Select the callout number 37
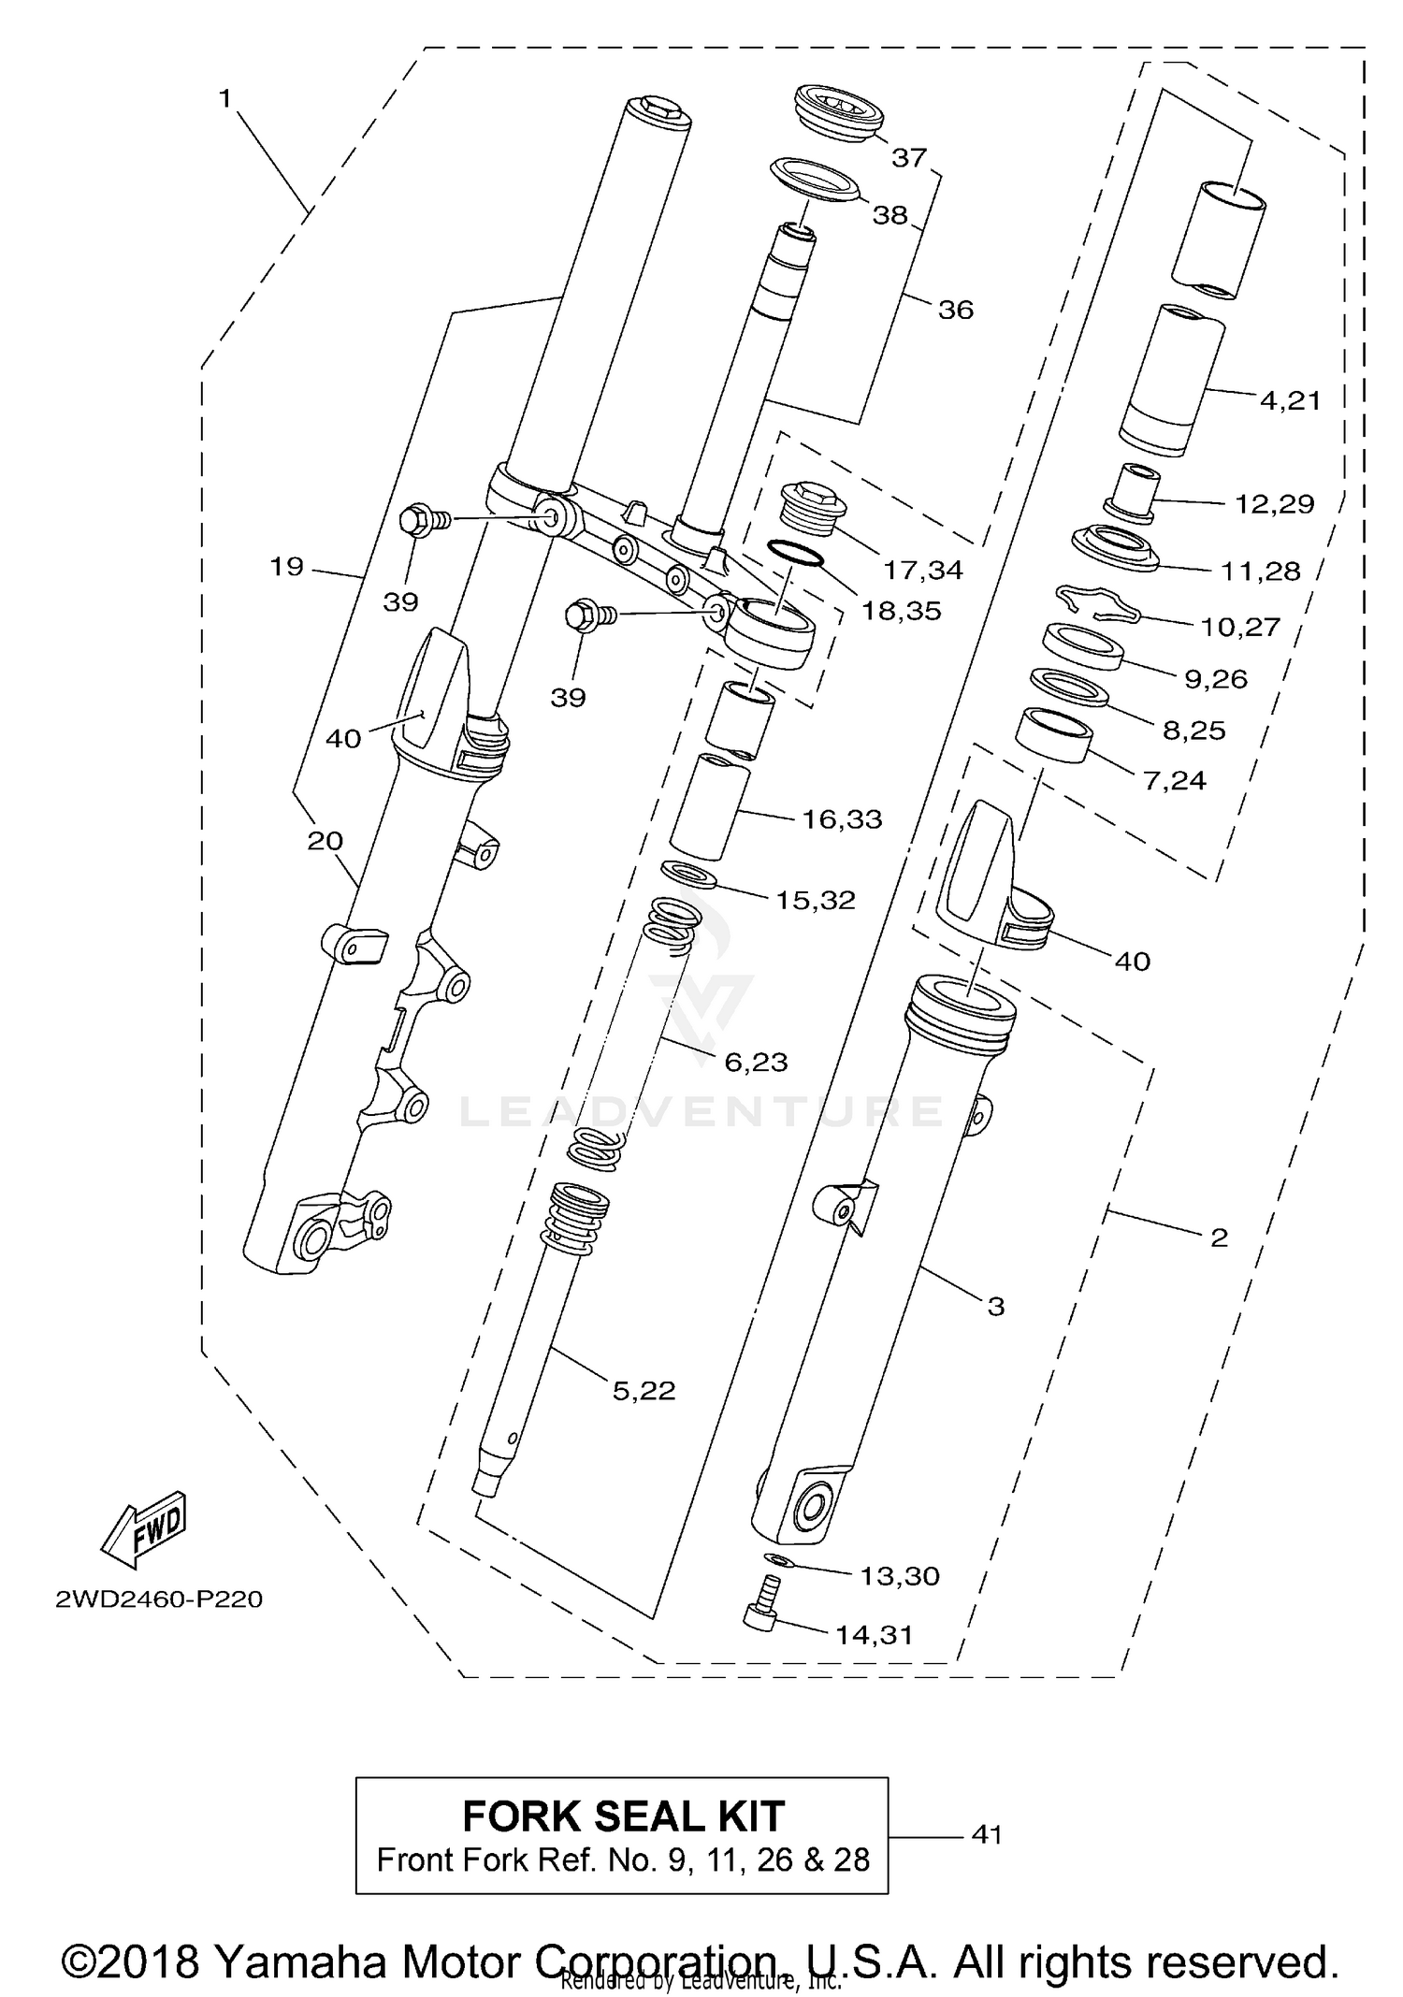pyautogui.click(x=908, y=158)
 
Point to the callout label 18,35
pyautogui.click(x=902, y=611)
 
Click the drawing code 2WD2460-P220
pyautogui.click(x=159, y=1599)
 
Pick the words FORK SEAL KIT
pyautogui.click(x=623, y=1816)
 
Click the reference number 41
pyautogui.click(x=987, y=1834)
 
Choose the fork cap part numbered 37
pyautogui.click(x=838, y=113)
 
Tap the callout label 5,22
pyautogui.click(x=644, y=1391)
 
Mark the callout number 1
pyautogui.click(x=224, y=98)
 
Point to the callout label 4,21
pyautogui.click(x=1290, y=400)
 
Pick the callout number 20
pyautogui.click(x=325, y=841)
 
